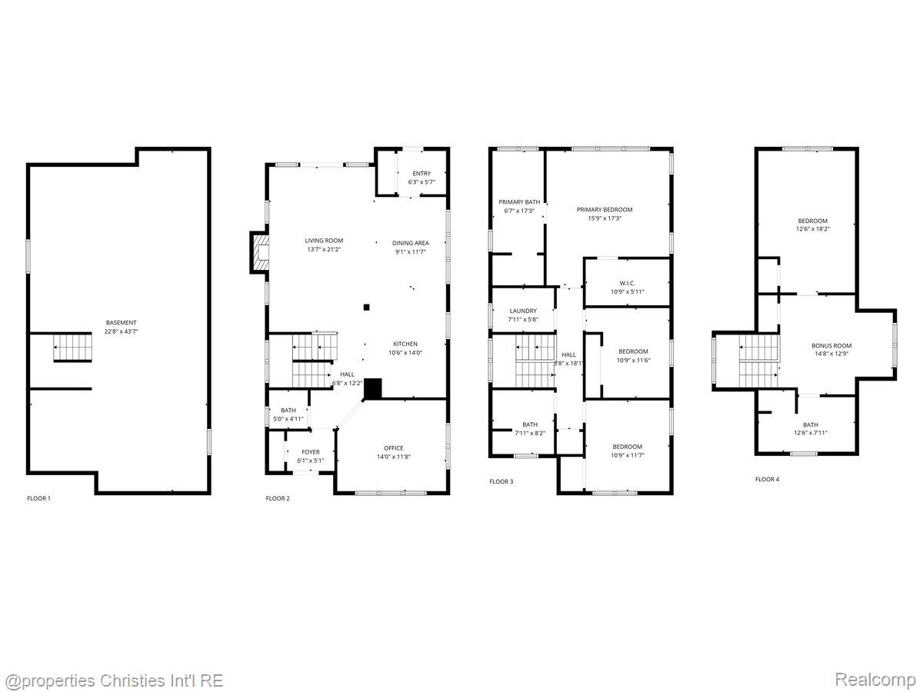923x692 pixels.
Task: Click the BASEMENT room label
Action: (x=121, y=323)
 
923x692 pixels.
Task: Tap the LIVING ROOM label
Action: (x=324, y=241)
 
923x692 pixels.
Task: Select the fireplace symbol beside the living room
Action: (x=260, y=252)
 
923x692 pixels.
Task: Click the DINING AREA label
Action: (x=411, y=243)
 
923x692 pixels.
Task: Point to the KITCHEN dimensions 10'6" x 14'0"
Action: (x=405, y=353)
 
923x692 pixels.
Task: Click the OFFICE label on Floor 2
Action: (x=394, y=448)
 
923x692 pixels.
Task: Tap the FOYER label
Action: (x=311, y=452)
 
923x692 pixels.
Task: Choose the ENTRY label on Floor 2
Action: (x=422, y=174)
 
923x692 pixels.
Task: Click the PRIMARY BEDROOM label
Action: (x=605, y=210)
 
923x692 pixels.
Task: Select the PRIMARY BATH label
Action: (x=519, y=202)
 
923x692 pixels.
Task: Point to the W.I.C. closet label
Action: (x=627, y=283)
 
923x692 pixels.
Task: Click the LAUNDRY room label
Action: (x=523, y=311)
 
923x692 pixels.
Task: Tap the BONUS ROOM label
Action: (x=831, y=346)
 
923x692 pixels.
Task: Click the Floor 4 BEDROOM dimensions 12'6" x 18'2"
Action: (x=812, y=229)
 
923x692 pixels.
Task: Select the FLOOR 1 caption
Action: (x=38, y=499)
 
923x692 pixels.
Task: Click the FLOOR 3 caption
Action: (x=501, y=482)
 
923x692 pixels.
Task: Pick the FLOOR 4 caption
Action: (x=767, y=479)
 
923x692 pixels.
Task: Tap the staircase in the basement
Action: (x=73, y=347)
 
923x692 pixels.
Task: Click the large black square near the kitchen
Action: (x=372, y=388)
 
